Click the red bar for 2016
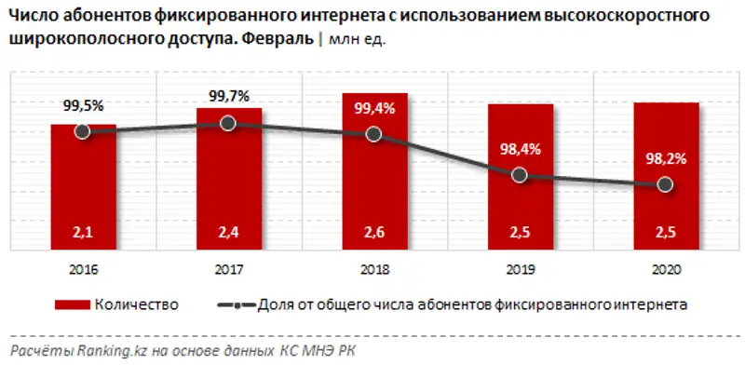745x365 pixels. click(x=83, y=186)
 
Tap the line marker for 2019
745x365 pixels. click(x=520, y=175)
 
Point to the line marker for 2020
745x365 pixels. click(x=665, y=185)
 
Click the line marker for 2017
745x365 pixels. click(x=228, y=123)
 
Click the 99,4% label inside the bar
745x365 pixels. click(x=374, y=108)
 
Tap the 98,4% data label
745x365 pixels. click(x=520, y=149)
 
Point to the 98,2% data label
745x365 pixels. click(x=665, y=159)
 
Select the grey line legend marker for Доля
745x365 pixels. click(x=240, y=304)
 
